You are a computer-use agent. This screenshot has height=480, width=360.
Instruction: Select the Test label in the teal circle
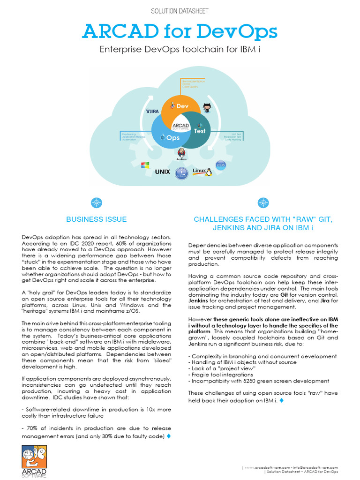[200, 131]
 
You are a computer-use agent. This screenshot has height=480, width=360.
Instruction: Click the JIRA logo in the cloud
[152, 111]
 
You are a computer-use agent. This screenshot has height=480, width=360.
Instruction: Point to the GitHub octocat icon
[207, 107]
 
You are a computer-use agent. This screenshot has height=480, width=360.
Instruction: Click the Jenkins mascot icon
[181, 153]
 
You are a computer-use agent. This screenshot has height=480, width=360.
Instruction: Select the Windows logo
[145, 165]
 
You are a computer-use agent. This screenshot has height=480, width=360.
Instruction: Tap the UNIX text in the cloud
[162, 172]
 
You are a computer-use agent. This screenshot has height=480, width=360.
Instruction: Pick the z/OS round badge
[220, 165]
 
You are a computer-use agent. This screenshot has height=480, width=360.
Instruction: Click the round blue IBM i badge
[181, 174]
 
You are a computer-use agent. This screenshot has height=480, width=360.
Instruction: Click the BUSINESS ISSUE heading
[96, 219]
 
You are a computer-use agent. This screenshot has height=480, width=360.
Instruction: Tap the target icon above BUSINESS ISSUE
[96, 202]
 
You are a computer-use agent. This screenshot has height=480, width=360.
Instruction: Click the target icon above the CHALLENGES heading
[263, 202]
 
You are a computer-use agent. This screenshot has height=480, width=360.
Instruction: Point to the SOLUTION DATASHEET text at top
[180, 11]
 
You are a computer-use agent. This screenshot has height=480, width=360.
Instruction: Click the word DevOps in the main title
[243, 32]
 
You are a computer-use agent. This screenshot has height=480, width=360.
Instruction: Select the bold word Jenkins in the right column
[198, 301]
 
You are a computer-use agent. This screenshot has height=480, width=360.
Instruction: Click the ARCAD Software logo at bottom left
[34, 461]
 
